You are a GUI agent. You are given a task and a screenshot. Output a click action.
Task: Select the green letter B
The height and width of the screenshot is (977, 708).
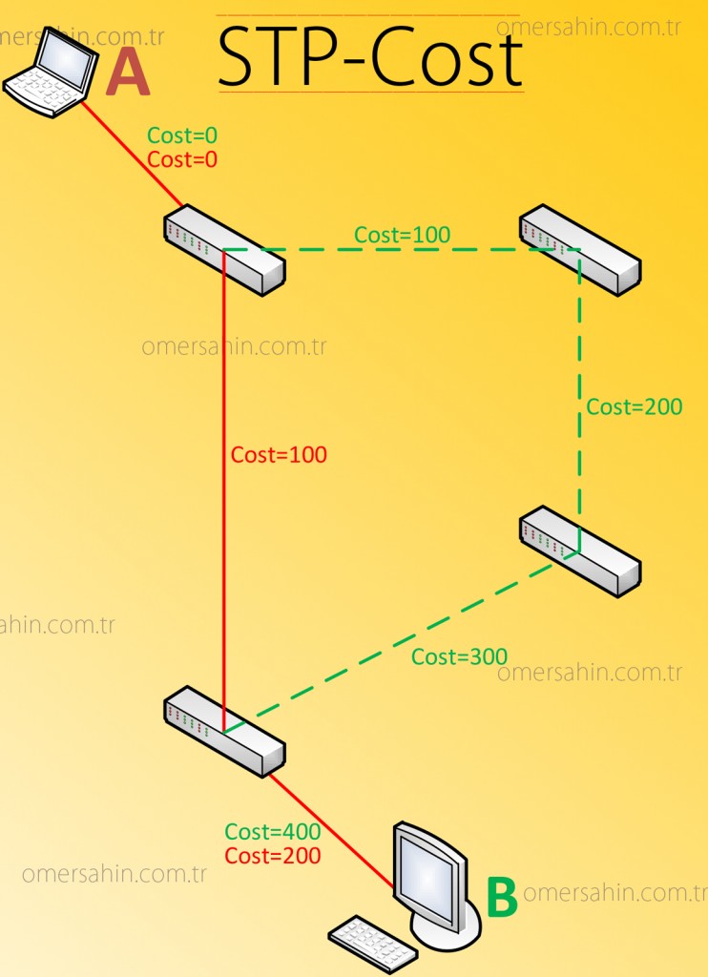(x=502, y=898)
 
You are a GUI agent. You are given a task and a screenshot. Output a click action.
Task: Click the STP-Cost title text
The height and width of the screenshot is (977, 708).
(x=370, y=57)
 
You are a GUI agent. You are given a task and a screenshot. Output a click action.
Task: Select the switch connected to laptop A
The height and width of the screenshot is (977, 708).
(x=224, y=249)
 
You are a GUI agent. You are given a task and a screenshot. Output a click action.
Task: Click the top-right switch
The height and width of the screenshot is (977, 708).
(x=579, y=249)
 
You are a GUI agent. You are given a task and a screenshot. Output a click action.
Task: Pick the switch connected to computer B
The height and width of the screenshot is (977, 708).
(x=224, y=731)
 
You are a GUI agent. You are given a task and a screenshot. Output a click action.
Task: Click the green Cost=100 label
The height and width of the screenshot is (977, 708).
(x=402, y=235)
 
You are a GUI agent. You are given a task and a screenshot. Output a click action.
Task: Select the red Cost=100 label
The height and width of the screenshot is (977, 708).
(x=279, y=455)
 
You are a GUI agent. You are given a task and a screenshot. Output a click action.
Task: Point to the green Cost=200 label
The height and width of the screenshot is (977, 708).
(x=635, y=407)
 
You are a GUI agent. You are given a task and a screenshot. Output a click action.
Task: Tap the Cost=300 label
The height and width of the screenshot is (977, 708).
(x=459, y=656)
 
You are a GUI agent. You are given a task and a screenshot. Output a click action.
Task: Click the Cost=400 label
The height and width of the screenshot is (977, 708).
(x=273, y=833)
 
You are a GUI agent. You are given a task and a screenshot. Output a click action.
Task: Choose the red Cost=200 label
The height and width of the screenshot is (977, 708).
(x=273, y=856)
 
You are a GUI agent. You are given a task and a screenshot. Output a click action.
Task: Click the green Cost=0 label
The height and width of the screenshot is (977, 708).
(x=182, y=135)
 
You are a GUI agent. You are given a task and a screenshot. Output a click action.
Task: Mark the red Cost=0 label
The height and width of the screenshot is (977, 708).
(x=182, y=159)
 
